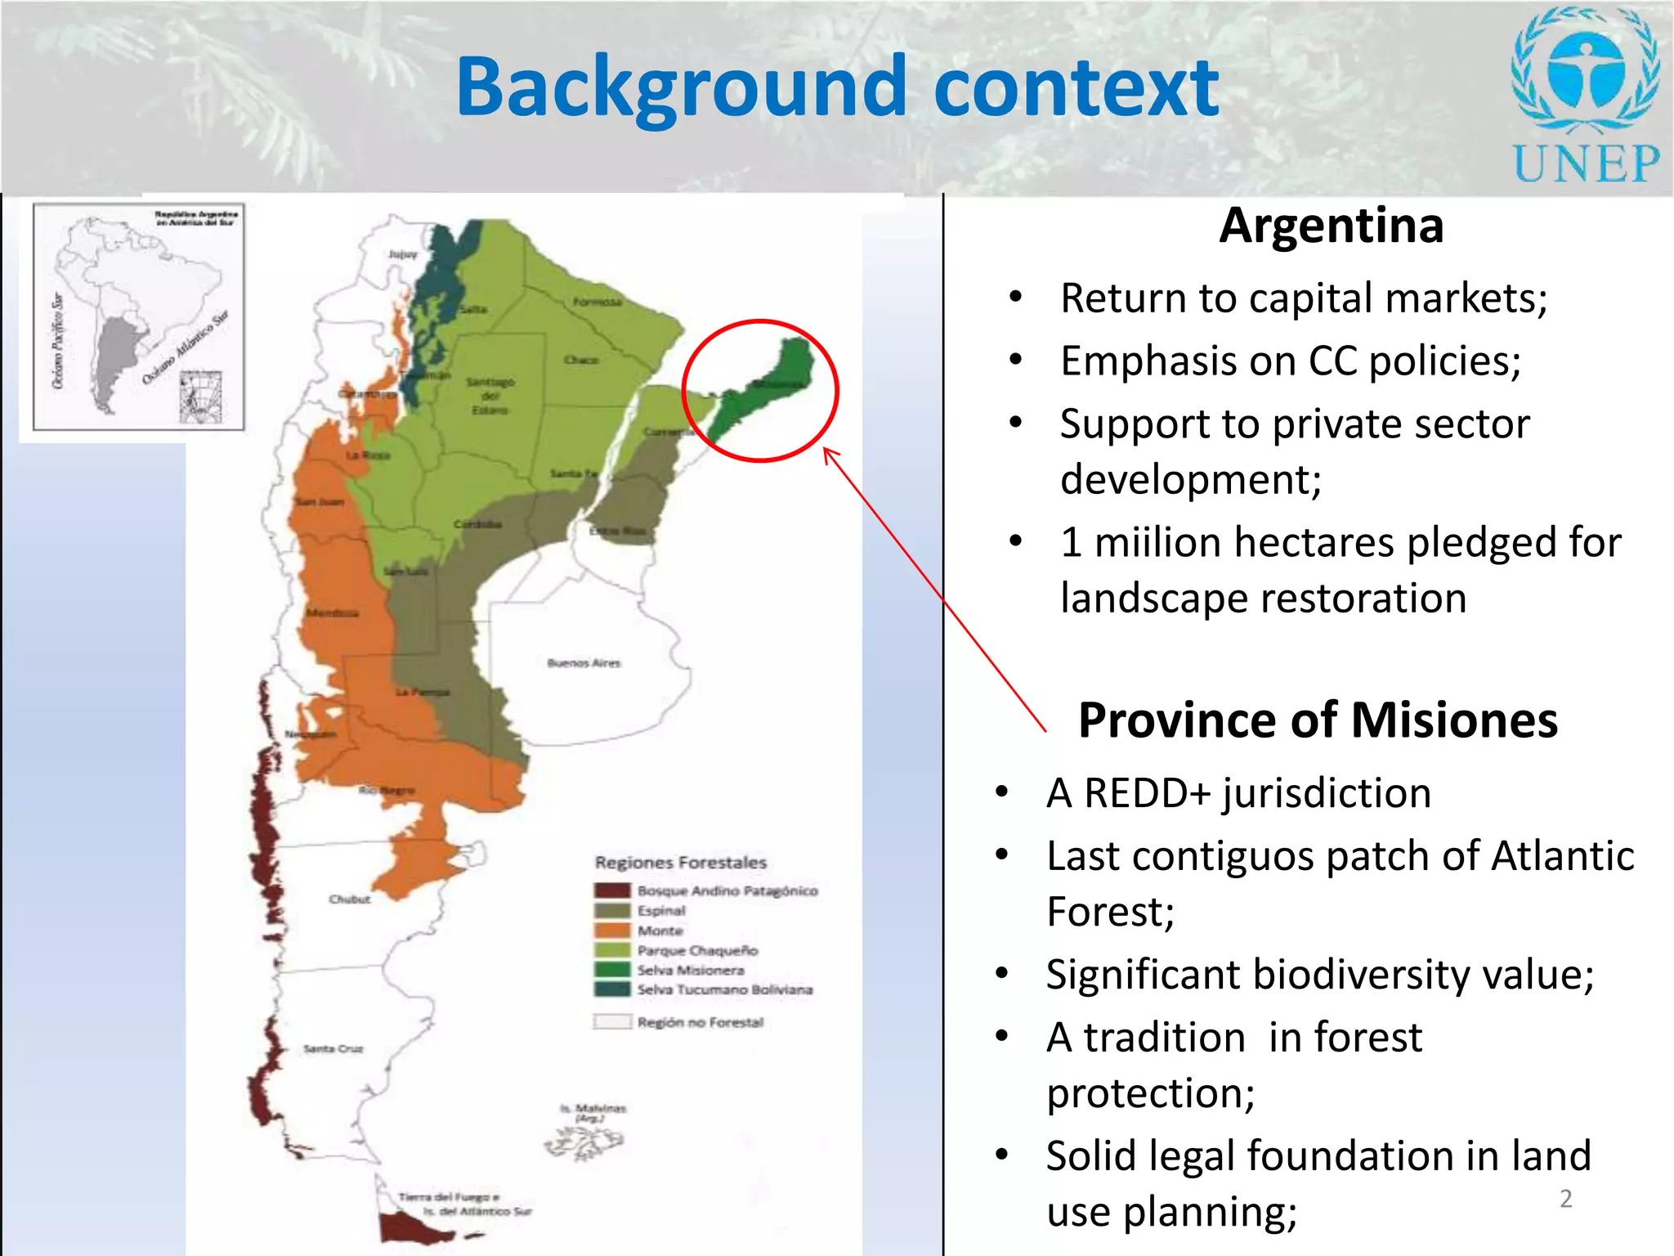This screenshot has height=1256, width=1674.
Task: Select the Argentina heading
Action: click(1331, 226)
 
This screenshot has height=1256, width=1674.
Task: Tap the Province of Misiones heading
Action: click(1318, 720)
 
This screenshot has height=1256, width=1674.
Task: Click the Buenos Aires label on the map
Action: click(584, 663)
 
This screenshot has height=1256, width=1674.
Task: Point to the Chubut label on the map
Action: click(349, 899)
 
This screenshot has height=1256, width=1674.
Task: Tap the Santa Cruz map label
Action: click(333, 1048)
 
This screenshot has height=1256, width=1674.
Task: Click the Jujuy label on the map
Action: click(402, 254)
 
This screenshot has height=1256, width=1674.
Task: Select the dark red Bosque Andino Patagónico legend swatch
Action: click(612, 890)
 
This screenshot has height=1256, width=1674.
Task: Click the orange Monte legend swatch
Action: click(612, 931)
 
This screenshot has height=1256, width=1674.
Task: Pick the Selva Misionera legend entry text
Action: click(691, 971)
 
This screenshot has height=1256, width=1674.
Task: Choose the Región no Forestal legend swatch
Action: click(612, 1022)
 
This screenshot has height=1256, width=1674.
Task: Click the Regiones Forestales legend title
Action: click(681, 863)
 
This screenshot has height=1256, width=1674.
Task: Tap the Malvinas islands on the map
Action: click(585, 1140)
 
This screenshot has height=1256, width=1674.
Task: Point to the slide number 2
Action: click(1565, 1199)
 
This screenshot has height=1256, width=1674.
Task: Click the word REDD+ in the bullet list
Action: click(1147, 793)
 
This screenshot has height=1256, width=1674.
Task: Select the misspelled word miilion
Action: click(1171, 543)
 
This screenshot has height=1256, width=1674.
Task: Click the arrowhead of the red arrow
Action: click(827, 451)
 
